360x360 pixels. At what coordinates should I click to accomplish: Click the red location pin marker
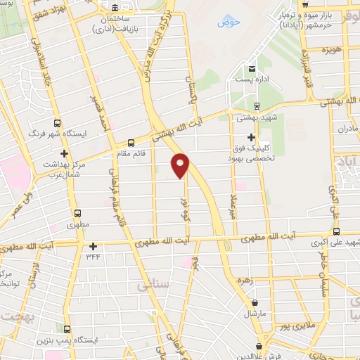[181, 165]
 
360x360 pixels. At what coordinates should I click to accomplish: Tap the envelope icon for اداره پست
[252, 68]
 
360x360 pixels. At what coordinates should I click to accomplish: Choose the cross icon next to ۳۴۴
[94, 246]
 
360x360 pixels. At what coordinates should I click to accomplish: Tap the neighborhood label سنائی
[139, 287]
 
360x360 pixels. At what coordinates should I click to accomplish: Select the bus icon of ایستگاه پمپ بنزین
[67, 329]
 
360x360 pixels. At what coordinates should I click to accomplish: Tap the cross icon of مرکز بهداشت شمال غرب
[65, 153]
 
